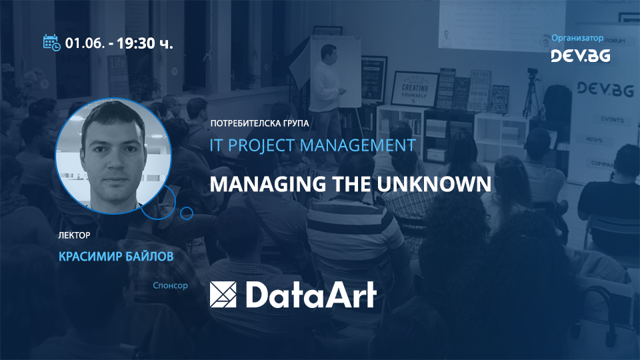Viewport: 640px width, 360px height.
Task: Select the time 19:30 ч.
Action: tap(145, 44)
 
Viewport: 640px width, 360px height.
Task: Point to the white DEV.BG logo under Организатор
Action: tap(580, 56)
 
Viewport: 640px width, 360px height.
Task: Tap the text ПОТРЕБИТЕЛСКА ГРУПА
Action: tap(259, 124)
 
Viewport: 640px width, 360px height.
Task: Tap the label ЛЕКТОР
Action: tap(74, 235)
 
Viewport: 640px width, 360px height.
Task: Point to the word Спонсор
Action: tap(170, 285)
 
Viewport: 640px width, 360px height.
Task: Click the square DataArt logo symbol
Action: tap(223, 294)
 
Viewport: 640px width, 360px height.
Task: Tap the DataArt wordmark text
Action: tap(309, 294)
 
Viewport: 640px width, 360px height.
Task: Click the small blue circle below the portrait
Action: tap(187, 213)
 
